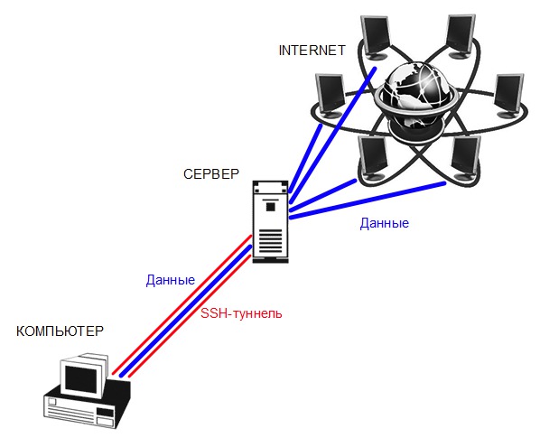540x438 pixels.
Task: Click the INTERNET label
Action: point(312,51)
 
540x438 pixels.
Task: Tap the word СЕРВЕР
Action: point(211,174)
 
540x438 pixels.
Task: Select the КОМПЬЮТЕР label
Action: point(60,331)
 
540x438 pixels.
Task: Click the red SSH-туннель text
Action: point(241,313)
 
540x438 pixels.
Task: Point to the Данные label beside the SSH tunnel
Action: point(171,280)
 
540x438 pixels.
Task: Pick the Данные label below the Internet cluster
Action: point(385,224)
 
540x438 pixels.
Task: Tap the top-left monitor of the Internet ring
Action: point(376,37)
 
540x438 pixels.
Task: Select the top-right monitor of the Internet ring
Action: point(461,35)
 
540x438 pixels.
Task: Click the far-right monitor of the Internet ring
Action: point(509,96)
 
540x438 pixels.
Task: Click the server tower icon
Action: point(270,222)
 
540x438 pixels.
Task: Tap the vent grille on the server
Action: point(270,241)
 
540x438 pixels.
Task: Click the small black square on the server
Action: point(270,207)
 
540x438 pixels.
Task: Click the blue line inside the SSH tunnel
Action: point(186,311)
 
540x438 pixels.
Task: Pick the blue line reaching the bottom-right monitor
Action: point(368,200)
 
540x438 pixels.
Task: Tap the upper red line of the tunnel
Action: point(182,305)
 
